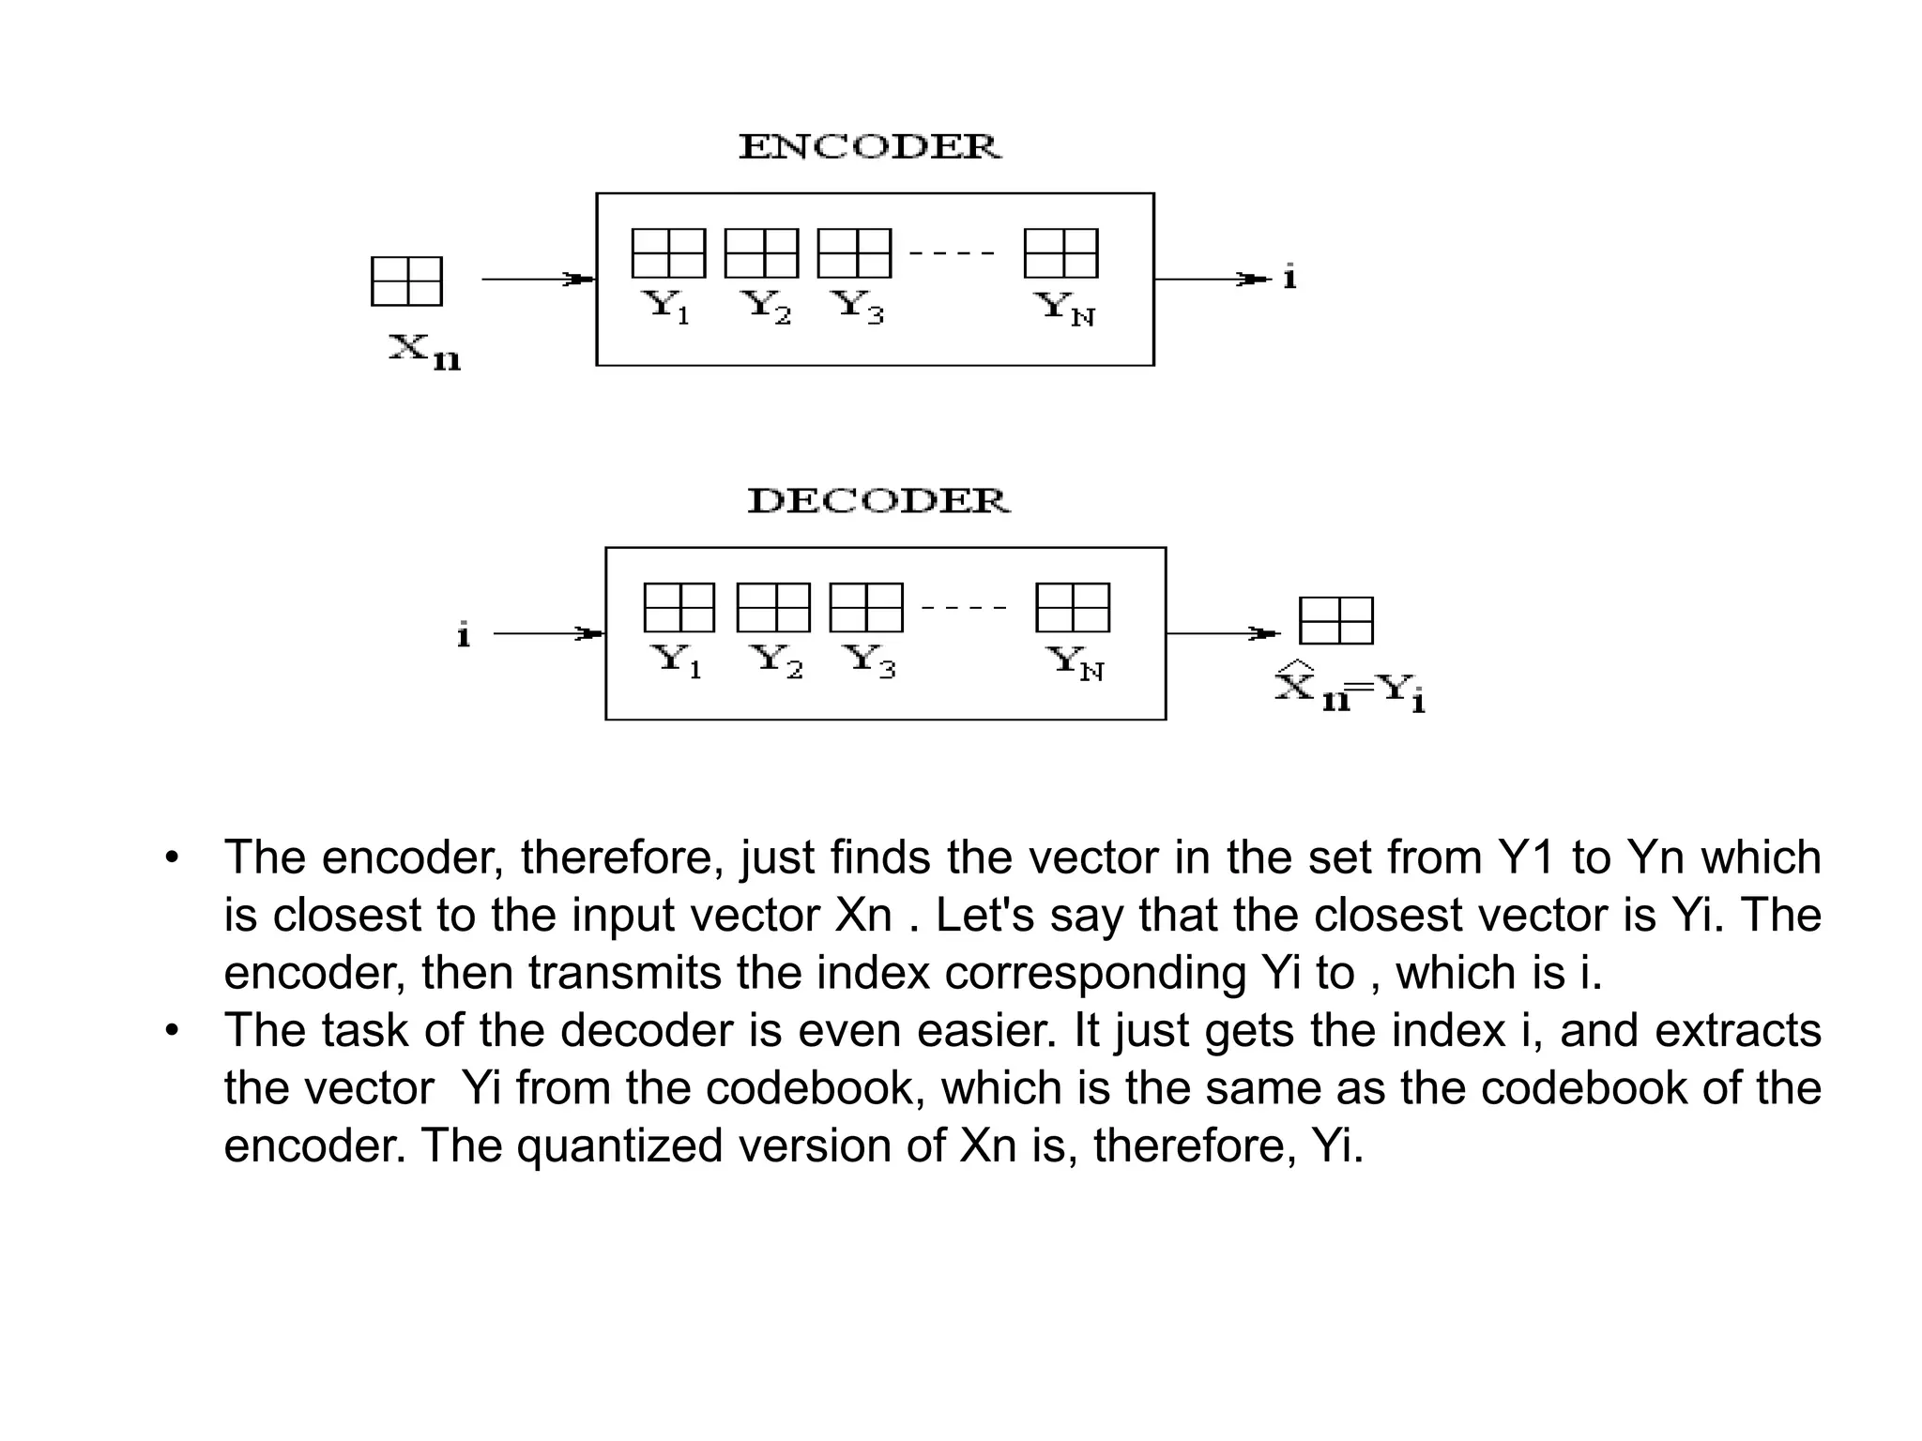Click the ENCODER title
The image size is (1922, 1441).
tap(870, 147)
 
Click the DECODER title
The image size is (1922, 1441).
tap(878, 501)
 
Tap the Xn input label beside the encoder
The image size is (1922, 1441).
tap(424, 352)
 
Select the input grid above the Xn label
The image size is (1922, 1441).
tap(406, 281)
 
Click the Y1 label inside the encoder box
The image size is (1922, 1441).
tap(665, 306)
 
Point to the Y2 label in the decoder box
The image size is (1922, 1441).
tap(779, 660)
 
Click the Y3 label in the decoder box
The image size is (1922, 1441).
tap(871, 660)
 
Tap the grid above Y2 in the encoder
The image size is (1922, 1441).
tap(761, 253)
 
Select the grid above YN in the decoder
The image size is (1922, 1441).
tap(1073, 608)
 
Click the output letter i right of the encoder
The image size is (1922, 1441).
tap(1290, 278)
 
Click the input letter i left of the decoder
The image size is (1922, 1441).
tap(463, 635)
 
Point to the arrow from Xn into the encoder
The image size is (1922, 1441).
tap(538, 279)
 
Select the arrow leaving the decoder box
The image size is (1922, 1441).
tap(1223, 633)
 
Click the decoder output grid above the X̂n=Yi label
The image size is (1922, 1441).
tap(1335, 621)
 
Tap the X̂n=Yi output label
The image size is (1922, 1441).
tap(1350, 688)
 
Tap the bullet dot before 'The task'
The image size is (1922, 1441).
tap(171, 1031)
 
